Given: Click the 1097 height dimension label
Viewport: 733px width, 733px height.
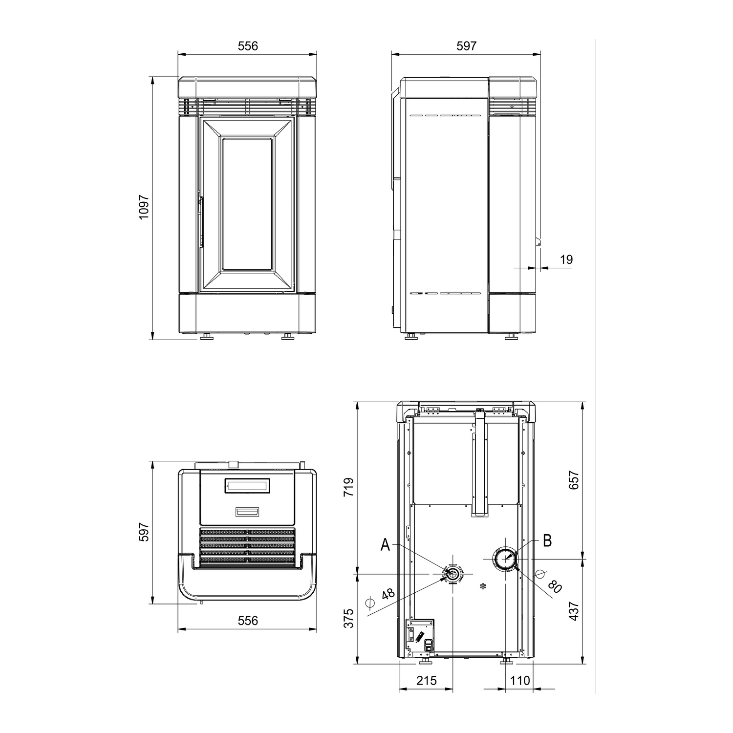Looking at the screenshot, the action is tap(143, 207).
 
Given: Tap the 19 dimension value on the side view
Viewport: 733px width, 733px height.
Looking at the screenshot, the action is tap(566, 259).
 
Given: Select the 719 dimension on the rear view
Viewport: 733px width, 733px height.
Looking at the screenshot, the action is tap(348, 487).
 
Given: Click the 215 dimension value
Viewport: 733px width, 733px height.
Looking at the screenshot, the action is tap(427, 680).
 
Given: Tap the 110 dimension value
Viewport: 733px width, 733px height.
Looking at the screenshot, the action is tap(519, 680).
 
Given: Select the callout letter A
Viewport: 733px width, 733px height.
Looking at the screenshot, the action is tap(386, 545).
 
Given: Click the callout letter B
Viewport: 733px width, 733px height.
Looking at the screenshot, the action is tap(547, 540).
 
